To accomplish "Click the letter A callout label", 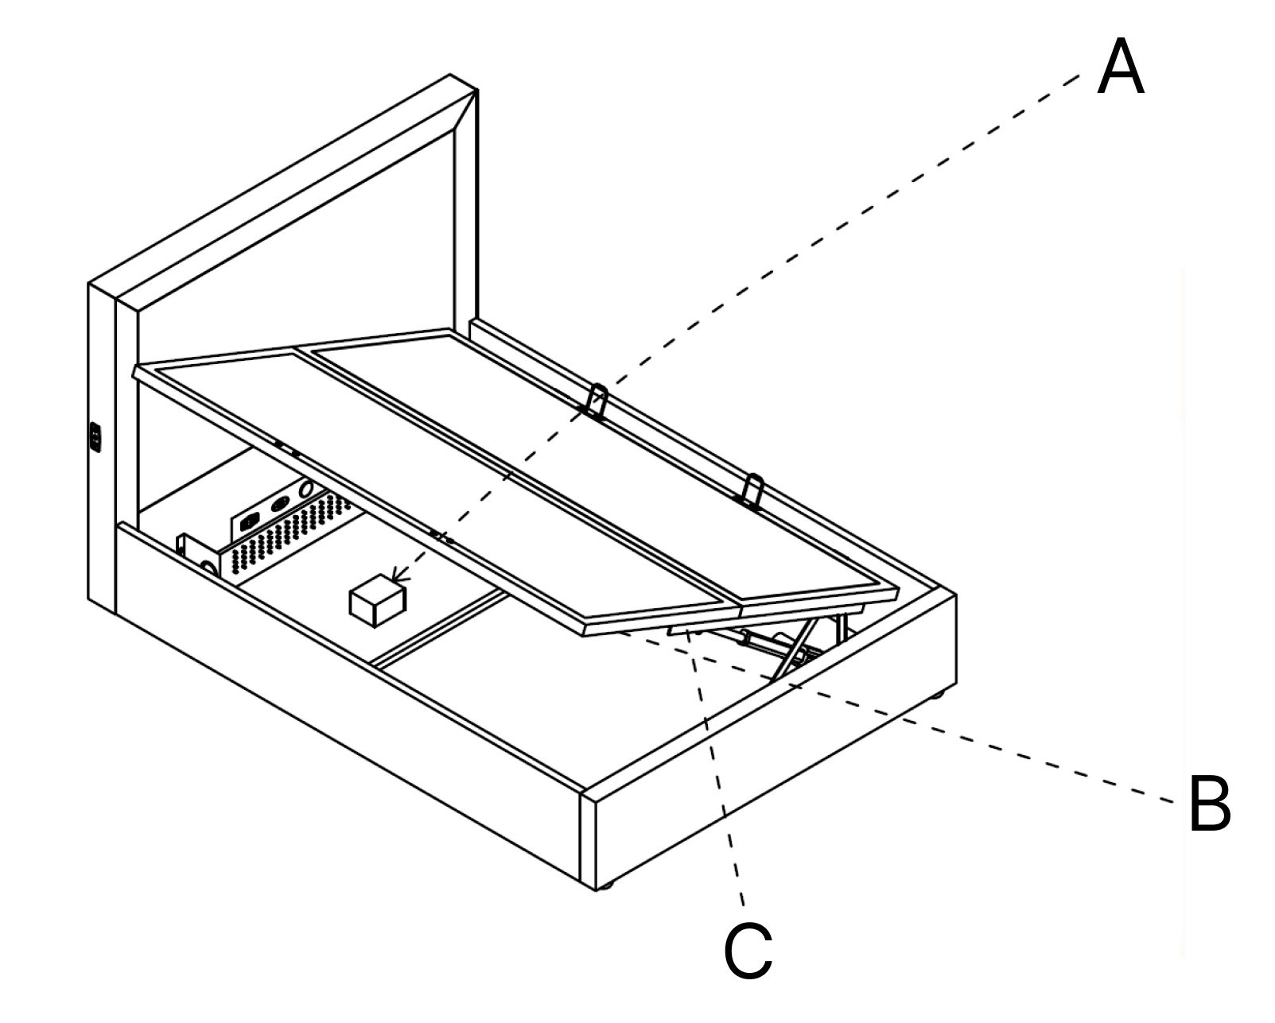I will (x=1120, y=69).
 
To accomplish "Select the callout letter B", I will (x=1208, y=804).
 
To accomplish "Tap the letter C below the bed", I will (x=748, y=951).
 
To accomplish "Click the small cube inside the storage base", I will (x=377, y=602).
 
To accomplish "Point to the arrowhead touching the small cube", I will (x=399, y=578).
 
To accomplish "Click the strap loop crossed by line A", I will (x=596, y=401).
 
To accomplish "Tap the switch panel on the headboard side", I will (x=95, y=437).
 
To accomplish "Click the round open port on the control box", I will (x=305, y=491).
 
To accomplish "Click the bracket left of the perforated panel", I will (x=195, y=552).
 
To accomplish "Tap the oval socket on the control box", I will (x=280, y=505).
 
